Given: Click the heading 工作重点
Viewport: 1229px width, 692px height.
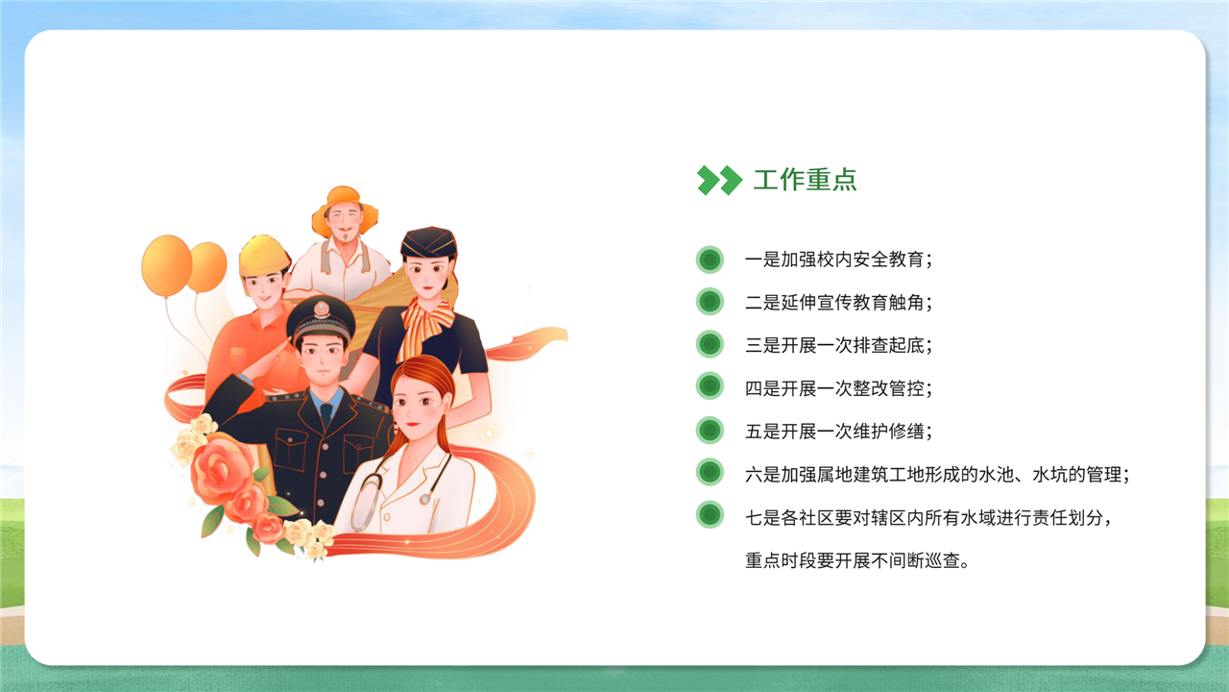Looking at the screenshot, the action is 805,180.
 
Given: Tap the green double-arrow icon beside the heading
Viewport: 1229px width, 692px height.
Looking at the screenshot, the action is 719,180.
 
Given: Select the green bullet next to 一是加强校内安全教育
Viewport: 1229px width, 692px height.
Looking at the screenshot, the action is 710,259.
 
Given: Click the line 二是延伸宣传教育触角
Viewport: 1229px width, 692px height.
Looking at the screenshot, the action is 838,302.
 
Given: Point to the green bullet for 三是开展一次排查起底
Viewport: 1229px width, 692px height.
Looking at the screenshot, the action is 710,344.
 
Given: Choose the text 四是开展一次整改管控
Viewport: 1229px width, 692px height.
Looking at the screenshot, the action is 838,388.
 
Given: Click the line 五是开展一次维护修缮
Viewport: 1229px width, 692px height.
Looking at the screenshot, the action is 838,432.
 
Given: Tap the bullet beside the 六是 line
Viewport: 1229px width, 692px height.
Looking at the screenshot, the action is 710,472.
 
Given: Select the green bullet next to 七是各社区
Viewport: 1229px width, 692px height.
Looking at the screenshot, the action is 710,515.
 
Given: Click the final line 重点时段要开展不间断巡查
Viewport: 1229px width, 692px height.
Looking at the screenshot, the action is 857,560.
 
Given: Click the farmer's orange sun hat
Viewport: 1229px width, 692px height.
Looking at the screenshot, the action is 345,209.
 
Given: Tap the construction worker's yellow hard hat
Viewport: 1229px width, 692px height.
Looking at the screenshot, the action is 264,256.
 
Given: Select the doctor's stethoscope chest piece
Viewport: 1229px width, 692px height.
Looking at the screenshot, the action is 424,499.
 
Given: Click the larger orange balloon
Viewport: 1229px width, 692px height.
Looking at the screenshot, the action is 166,266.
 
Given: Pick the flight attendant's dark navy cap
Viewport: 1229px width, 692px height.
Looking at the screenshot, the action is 428,242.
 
